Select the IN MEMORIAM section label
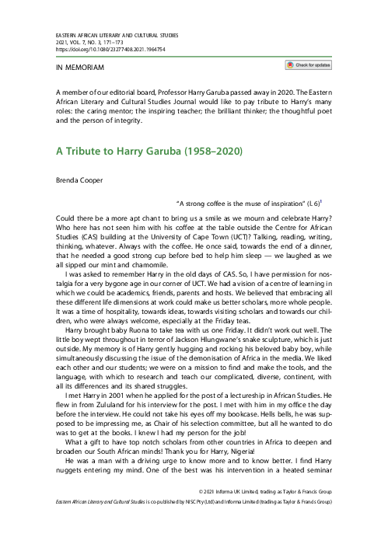coord(74,68)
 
